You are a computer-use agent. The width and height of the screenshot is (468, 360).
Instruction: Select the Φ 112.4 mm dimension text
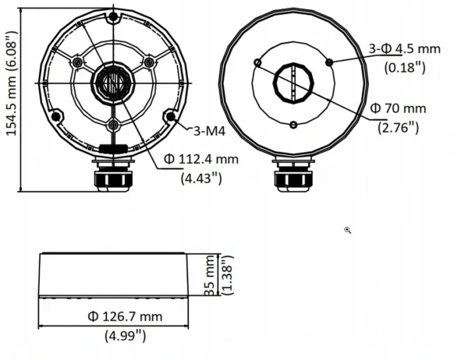pos(200,160)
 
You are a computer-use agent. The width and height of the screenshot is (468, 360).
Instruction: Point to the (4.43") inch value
pos(201,178)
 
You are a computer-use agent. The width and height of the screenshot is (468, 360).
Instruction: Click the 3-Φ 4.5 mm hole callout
pos(404,48)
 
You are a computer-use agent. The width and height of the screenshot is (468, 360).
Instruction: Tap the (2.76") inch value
pos(399,126)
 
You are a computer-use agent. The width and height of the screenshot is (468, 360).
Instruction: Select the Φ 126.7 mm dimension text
pos(125,316)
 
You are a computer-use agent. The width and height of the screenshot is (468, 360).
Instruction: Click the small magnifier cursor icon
pos(348,231)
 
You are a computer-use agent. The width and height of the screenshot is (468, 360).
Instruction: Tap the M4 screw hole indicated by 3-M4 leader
pos(168,117)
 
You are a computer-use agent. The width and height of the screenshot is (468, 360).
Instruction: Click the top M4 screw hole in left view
pos(113,16)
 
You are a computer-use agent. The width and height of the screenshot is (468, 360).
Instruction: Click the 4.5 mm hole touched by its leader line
pos(330,62)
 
